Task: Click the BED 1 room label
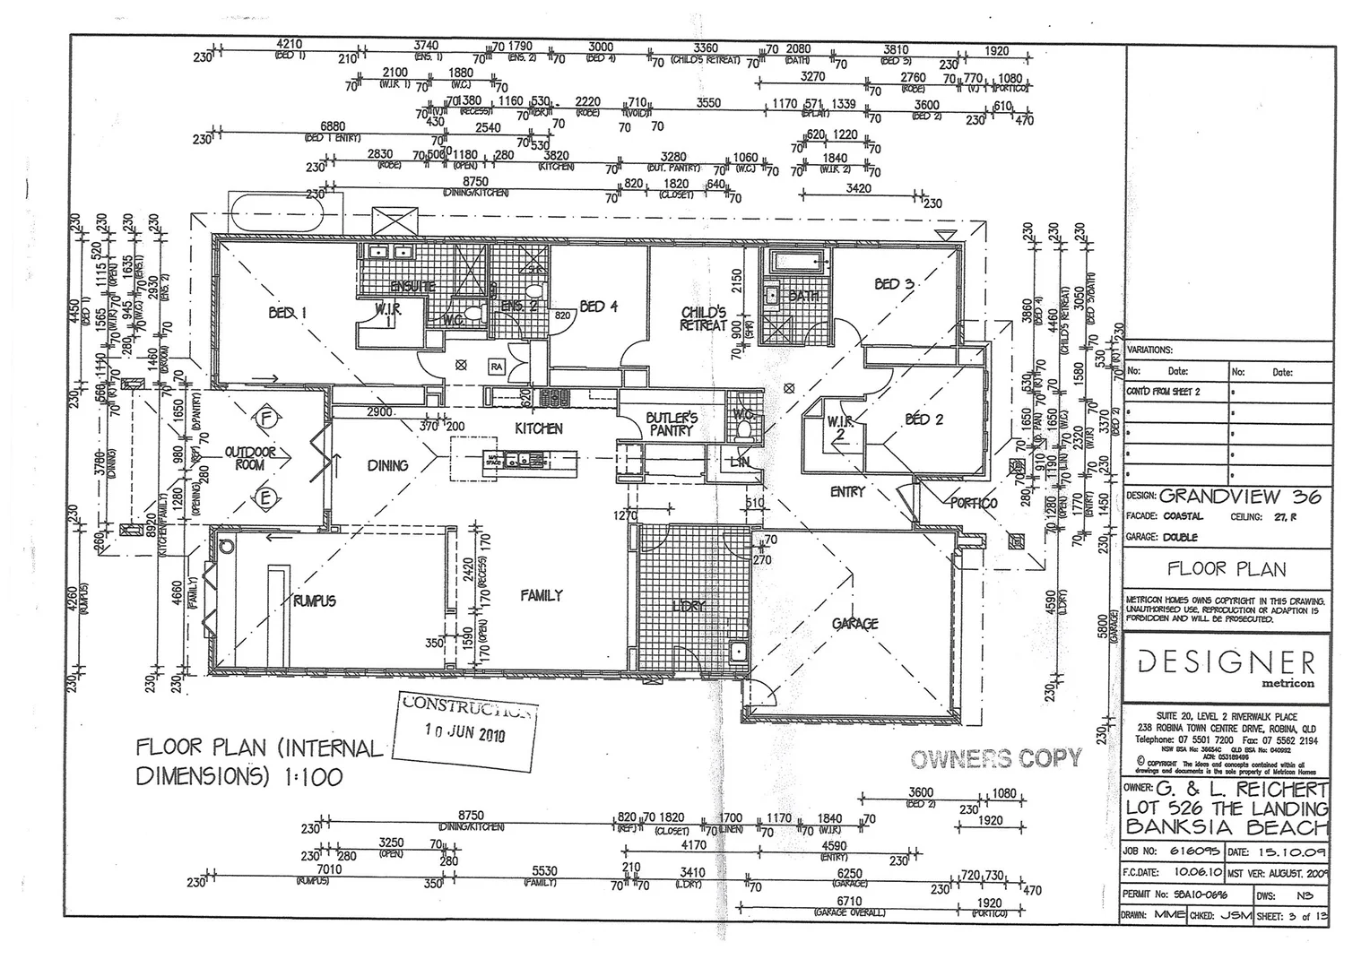point(287,313)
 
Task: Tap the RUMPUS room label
point(314,601)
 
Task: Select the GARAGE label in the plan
point(854,624)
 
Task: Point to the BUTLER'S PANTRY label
point(672,424)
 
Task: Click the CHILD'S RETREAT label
point(703,319)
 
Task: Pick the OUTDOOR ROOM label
point(250,459)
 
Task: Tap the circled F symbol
point(265,418)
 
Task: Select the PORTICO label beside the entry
point(974,503)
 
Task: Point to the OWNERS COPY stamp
point(996,759)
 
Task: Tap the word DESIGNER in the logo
point(1227,662)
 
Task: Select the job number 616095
point(1191,852)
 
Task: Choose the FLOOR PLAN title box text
point(1226,568)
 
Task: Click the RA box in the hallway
point(496,366)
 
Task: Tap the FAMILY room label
point(541,595)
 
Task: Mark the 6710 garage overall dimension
point(848,901)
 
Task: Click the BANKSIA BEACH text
point(1227,826)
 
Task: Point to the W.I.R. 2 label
point(839,428)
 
